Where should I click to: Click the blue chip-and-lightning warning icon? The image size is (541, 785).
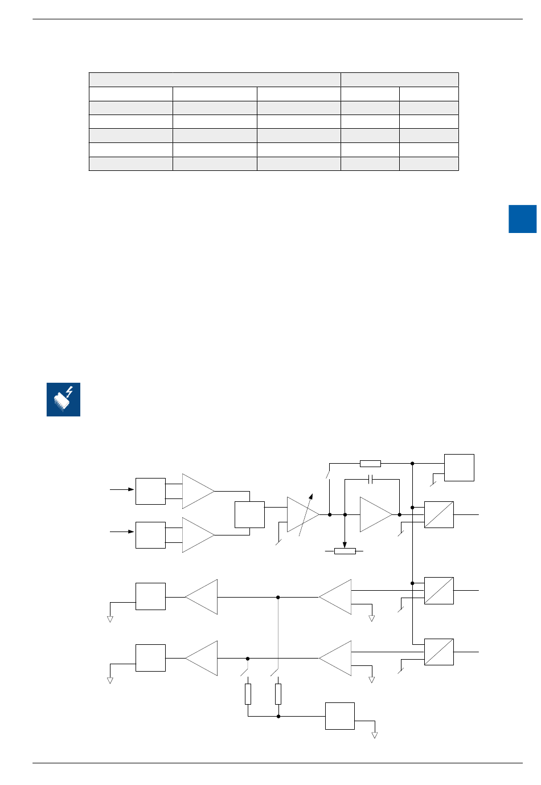click(x=63, y=399)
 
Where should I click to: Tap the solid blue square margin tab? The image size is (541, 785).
click(x=522, y=219)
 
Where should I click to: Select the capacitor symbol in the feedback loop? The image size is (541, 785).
click(x=371, y=480)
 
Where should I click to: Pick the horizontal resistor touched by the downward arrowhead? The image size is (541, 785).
click(x=345, y=551)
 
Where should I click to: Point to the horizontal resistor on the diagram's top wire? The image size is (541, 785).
click(x=370, y=464)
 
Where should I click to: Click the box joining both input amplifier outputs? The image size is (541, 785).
click(x=249, y=514)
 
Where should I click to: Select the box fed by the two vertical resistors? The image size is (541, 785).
click(x=339, y=716)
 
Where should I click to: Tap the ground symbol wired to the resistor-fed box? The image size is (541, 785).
click(x=375, y=735)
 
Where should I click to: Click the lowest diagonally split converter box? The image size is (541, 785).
click(x=438, y=652)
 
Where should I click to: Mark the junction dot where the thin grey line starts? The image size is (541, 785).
click(x=278, y=597)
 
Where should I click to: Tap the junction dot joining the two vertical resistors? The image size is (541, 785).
click(x=278, y=716)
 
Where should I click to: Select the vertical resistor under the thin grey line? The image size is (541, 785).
click(x=278, y=694)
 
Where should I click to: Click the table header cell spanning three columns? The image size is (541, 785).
click(x=215, y=80)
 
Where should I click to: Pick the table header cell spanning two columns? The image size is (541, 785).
click(x=399, y=80)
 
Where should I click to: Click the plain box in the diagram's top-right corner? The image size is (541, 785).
click(x=459, y=468)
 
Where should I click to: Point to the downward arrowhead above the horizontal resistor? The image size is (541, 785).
click(x=345, y=543)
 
